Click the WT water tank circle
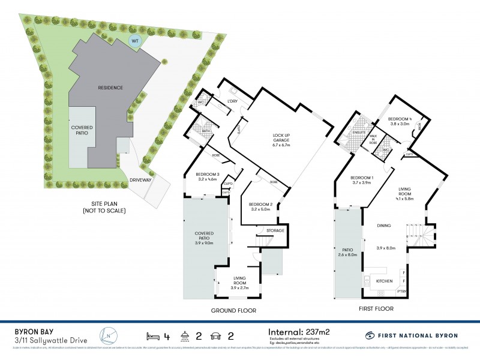(136, 41)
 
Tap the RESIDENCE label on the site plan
(110, 88)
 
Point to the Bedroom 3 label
(207, 175)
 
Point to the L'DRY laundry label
(233, 101)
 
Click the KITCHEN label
(384, 280)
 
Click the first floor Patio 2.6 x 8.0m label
(347, 253)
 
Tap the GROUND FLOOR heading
(233, 311)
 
